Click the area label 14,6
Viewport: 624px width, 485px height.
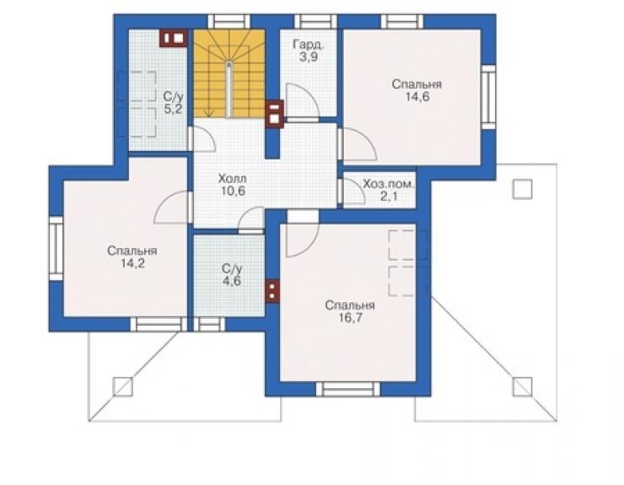click(x=417, y=97)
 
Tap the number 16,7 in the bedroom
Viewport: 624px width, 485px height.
click(x=350, y=318)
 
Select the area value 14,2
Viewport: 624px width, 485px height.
click(x=132, y=264)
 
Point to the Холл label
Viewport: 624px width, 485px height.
click(x=233, y=178)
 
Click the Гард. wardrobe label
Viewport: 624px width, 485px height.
click(x=309, y=45)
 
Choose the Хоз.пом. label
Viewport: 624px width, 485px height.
click(x=389, y=185)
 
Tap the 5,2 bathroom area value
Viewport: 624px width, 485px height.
click(x=173, y=109)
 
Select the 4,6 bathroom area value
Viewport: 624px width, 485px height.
click(x=231, y=281)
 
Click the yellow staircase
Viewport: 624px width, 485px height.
click(x=229, y=73)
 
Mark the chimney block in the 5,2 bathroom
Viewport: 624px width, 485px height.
click(x=174, y=38)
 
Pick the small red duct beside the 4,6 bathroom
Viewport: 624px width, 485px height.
click(x=272, y=291)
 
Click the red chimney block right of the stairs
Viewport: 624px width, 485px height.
click(x=275, y=114)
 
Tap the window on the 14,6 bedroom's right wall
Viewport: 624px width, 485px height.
click(x=489, y=97)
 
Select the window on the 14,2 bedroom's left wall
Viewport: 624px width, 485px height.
click(x=56, y=249)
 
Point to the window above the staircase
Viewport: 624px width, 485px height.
click(x=229, y=21)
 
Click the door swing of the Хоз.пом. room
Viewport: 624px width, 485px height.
click(x=353, y=191)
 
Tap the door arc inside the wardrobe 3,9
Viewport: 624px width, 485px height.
click(x=303, y=101)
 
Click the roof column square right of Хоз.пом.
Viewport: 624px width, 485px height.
click(x=522, y=189)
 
